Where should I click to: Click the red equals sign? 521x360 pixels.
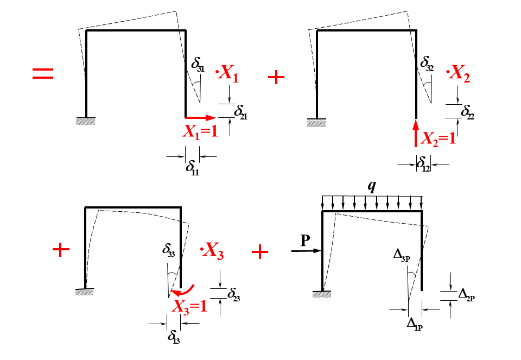pos(43,74)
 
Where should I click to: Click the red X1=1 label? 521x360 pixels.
pos(200,131)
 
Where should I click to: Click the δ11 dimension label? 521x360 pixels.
pos(192,166)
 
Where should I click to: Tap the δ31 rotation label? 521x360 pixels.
pos(198,64)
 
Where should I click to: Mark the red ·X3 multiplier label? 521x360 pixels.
pos(212,252)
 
